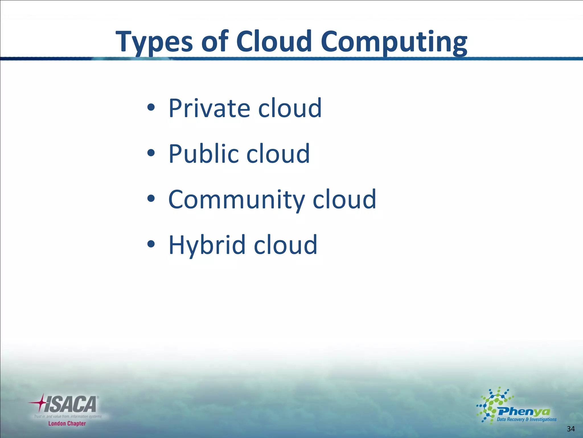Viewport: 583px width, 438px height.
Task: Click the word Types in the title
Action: [x=154, y=42]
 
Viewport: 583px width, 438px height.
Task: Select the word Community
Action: [x=237, y=200]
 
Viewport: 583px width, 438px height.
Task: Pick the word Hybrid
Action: [x=207, y=245]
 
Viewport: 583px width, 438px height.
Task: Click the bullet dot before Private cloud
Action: [x=151, y=108]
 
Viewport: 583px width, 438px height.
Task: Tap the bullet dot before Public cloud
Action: [x=151, y=153]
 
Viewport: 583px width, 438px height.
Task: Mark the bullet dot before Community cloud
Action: [x=151, y=198]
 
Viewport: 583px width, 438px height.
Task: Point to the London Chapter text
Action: [x=67, y=423]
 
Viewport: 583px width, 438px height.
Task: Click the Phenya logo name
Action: [x=524, y=411]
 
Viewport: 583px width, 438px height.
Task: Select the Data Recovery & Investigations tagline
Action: [x=526, y=419]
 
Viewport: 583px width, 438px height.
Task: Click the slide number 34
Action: [x=571, y=429]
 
